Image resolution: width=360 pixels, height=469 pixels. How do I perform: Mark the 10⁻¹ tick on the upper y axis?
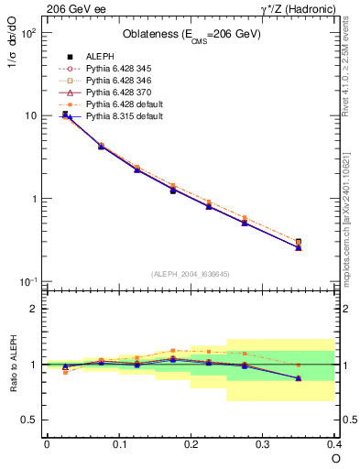pyautogui.click(x=27, y=281)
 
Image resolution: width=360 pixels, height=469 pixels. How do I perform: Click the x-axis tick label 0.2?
pyautogui.click(x=190, y=443)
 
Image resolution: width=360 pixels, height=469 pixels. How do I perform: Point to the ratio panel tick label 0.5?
pyautogui.click(x=30, y=420)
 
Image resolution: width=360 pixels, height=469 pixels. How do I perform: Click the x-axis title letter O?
pyautogui.click(x=335, y=457)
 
